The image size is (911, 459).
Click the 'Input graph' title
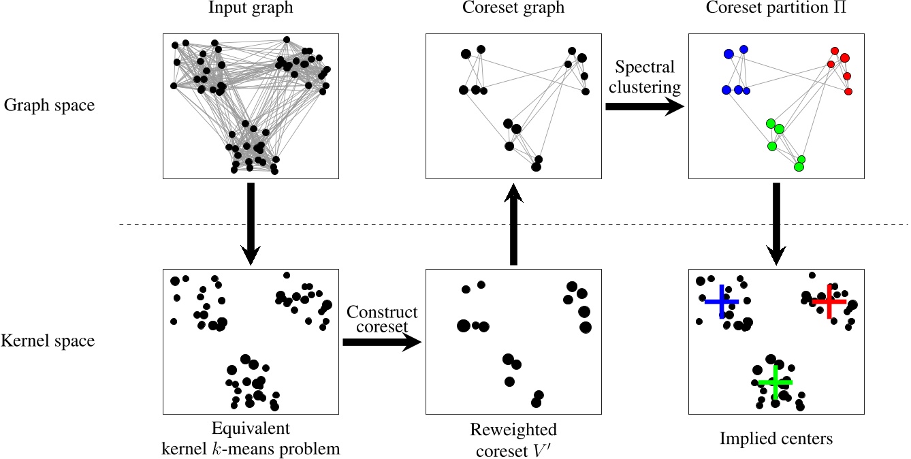[251, 10]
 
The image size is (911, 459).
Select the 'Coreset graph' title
[513, 10]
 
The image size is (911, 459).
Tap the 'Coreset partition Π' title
[776, 10]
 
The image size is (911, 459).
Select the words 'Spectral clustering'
[644, 77]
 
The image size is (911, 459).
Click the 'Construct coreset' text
[381, 319]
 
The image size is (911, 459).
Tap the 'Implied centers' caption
[776, 439]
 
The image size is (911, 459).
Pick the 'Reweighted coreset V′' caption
[513, 439]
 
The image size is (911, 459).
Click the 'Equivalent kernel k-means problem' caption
[251, 439]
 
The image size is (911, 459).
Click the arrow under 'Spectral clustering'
[644, 106]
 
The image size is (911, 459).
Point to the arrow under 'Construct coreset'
[381, 343]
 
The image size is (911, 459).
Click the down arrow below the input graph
[251, 223]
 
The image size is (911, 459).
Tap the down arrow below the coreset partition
[776, 223]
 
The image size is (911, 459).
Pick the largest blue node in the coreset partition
[729, 54]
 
